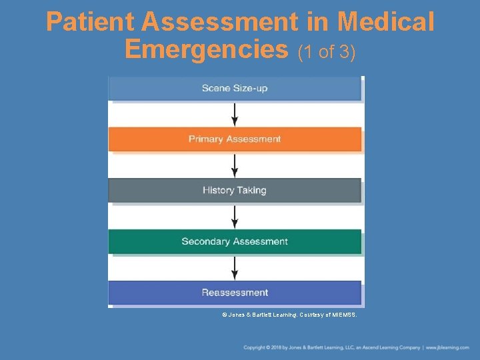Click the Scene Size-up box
click(235, 89)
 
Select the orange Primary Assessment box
click(235, 139)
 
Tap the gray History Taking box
click(235, 191)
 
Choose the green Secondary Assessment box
click(235, 241)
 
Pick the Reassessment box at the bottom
click(235, 293)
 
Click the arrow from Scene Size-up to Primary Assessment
click(235, 114)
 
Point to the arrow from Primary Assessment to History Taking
click(235, 165)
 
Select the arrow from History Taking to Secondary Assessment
click(235, 216)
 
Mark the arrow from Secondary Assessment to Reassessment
click(235, 267)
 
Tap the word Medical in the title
click(386, 23)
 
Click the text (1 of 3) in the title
click(327, 51)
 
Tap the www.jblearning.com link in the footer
click(448, 347)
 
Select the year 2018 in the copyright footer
click(277, 347)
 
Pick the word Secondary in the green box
click(204, 241)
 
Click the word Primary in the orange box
click(206, 139)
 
